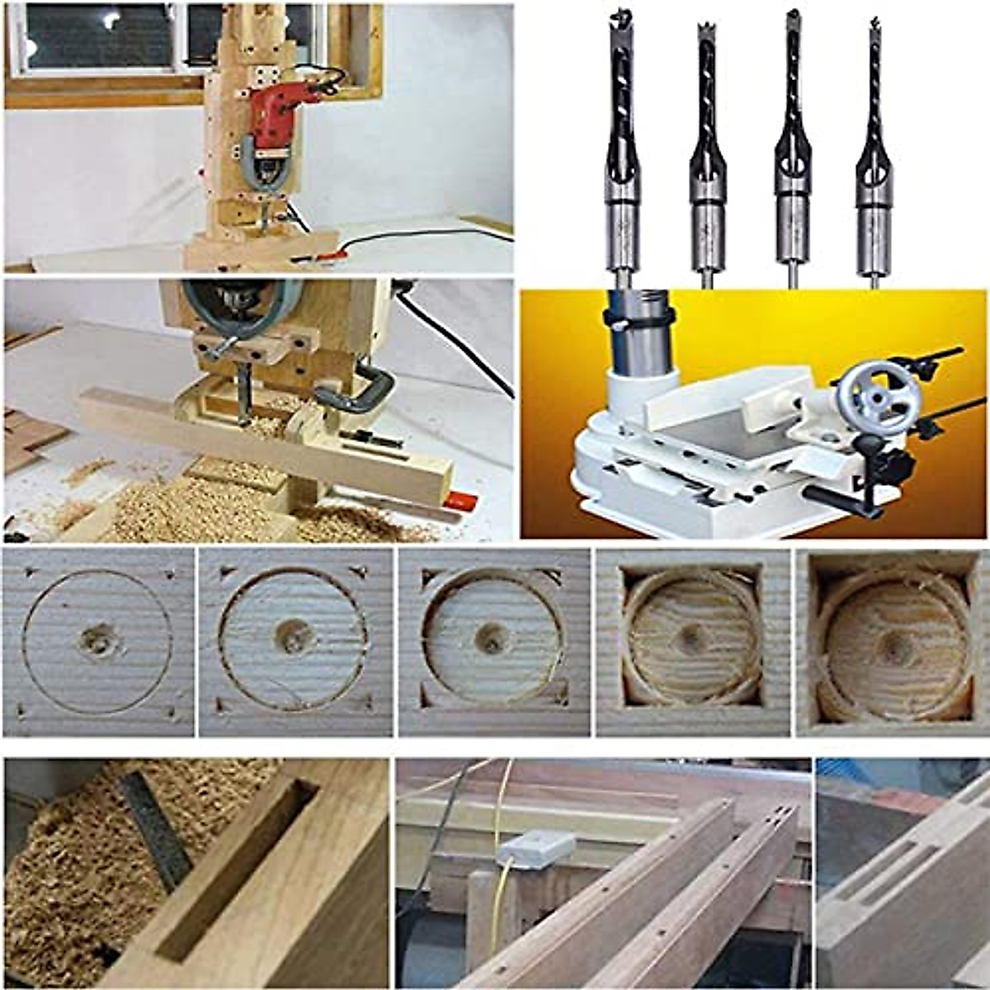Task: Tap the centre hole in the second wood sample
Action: pyautogui.click(x=294, y=638)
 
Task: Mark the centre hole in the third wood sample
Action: pyautogui.click(x=493, y=638)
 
